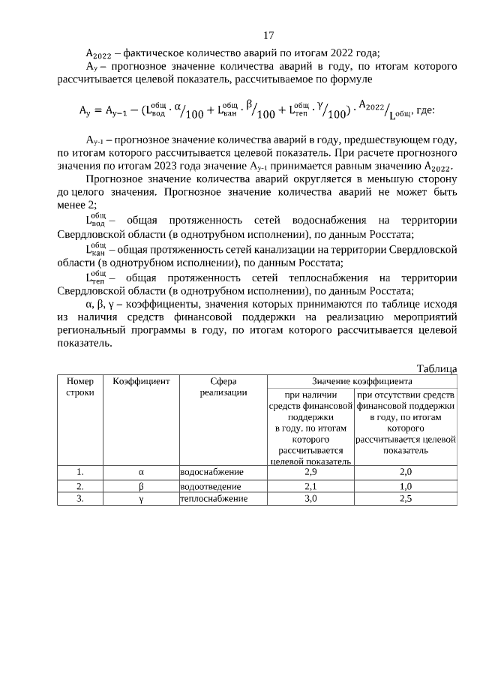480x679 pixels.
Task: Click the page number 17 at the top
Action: [x=268, y=35]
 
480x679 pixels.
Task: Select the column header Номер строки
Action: [x=79, y=386]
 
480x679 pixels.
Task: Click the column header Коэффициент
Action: [x=141, y=381]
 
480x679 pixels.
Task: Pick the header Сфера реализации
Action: [x=223, y=386]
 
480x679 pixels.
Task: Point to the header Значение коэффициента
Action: [x=362, y=381]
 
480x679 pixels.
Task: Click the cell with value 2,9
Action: [x=310, y=472]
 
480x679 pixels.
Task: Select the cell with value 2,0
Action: [x=406, y=472]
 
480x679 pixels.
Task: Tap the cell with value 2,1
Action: [x=310, y=486]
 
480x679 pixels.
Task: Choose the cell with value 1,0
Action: [x=406, y=486]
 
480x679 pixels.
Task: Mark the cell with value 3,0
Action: [x=310, y=498]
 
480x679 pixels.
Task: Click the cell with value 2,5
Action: [x=406, y=498]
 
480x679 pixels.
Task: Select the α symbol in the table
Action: [x=141, y=472]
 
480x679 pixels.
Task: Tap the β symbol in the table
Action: [x=141, y=486]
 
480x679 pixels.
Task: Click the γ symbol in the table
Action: [x=141, y=498]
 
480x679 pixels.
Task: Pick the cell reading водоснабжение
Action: [x=211, y=472]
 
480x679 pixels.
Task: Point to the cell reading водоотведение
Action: [x=211, y=486]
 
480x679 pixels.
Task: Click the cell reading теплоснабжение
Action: [x=213, y=498]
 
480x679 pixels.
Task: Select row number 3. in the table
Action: [x=79, y=498]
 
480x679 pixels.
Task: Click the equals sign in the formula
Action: [x=97, y=110]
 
